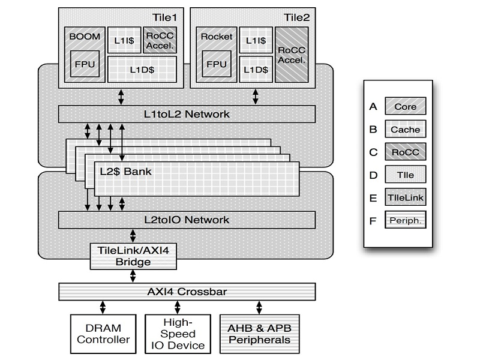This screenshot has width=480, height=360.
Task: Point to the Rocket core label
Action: coord(217,36)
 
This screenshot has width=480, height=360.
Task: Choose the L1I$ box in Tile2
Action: coord(256,40)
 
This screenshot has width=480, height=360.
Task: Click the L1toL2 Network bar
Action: coord(187,113)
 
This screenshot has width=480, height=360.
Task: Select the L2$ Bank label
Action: coord(125,171)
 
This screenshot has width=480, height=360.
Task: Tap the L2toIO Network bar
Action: coord(187,220)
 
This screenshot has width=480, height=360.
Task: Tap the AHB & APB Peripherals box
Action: coord(259,334)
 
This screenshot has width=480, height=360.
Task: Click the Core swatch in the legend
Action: coord(406,107)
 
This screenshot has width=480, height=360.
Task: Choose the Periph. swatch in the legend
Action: coord(406,220)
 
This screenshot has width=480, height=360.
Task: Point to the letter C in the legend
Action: coord(373,152)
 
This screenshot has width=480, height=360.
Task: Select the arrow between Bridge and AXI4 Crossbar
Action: coord(133,276)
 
